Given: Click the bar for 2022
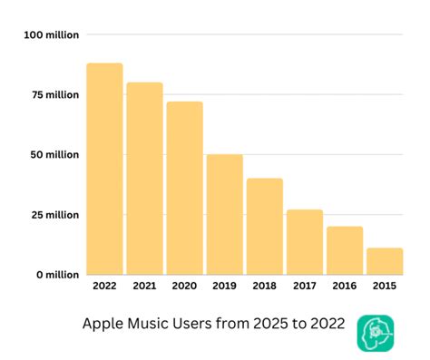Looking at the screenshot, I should tap(104, 169).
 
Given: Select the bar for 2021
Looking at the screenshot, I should tap(144, 178).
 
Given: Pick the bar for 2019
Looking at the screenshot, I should tap(224, 214).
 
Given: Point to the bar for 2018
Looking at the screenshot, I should tap(264, 226).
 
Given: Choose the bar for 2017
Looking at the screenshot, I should tap(304, 241).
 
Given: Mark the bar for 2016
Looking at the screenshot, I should tap(344, 249).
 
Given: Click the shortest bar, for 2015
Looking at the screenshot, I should tap(384, 260).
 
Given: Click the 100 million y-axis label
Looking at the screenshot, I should tap(52, 34).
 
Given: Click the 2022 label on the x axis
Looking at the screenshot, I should tap(104, 287).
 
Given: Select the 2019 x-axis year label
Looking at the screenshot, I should tap(224, 287).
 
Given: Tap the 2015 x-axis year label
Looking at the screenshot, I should tap(384, 287).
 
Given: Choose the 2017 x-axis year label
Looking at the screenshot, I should tap(304, 287).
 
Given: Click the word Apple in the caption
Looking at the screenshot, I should tap(101, 325).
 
